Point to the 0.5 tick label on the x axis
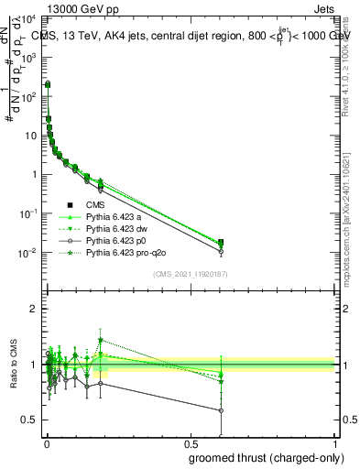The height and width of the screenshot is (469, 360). click(x=191, y=443)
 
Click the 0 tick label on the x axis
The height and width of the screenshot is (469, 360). click(x=47, y=443)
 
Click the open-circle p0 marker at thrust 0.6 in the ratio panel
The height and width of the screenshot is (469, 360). click(x=221, y=410)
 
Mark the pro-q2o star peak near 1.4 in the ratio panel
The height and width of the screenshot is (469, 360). click(x=101, y=340)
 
